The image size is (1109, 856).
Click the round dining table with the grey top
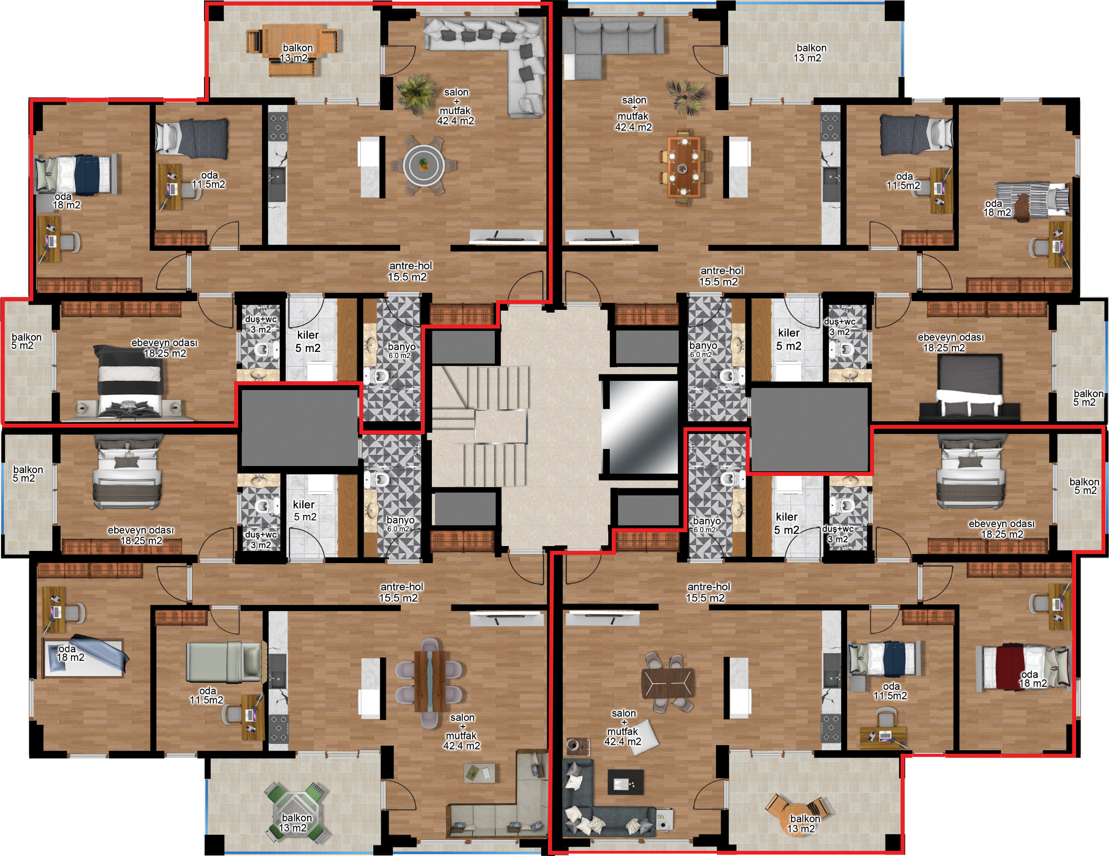[423, 164]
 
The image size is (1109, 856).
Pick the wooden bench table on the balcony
[292, 51]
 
